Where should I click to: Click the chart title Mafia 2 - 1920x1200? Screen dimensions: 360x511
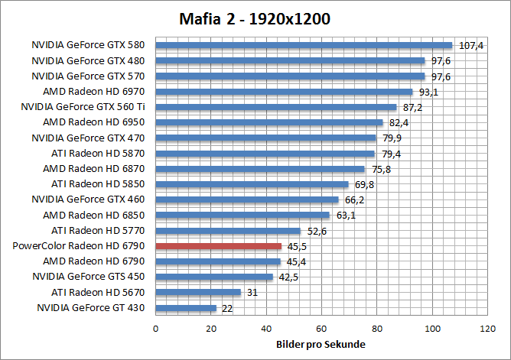point(255,18)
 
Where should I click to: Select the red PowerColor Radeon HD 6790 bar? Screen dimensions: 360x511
point(219,246)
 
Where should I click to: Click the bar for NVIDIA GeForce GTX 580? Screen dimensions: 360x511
point(304,45)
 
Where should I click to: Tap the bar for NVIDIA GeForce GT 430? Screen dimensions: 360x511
point(186,308)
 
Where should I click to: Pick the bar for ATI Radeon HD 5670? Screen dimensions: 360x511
point(198,292)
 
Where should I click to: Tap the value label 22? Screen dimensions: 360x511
point(227,308)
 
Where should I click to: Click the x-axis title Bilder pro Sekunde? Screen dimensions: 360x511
point(321,345)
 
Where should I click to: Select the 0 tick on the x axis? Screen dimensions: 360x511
point(156,329)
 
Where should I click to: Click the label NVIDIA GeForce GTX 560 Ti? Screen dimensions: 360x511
point(83,107)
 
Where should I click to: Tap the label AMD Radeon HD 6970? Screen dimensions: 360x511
point(94,92)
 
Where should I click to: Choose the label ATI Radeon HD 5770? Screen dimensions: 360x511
point(99,230)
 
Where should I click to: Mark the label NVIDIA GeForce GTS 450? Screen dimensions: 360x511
point(89,277)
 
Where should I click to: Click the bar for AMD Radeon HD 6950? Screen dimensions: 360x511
point(269,122)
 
